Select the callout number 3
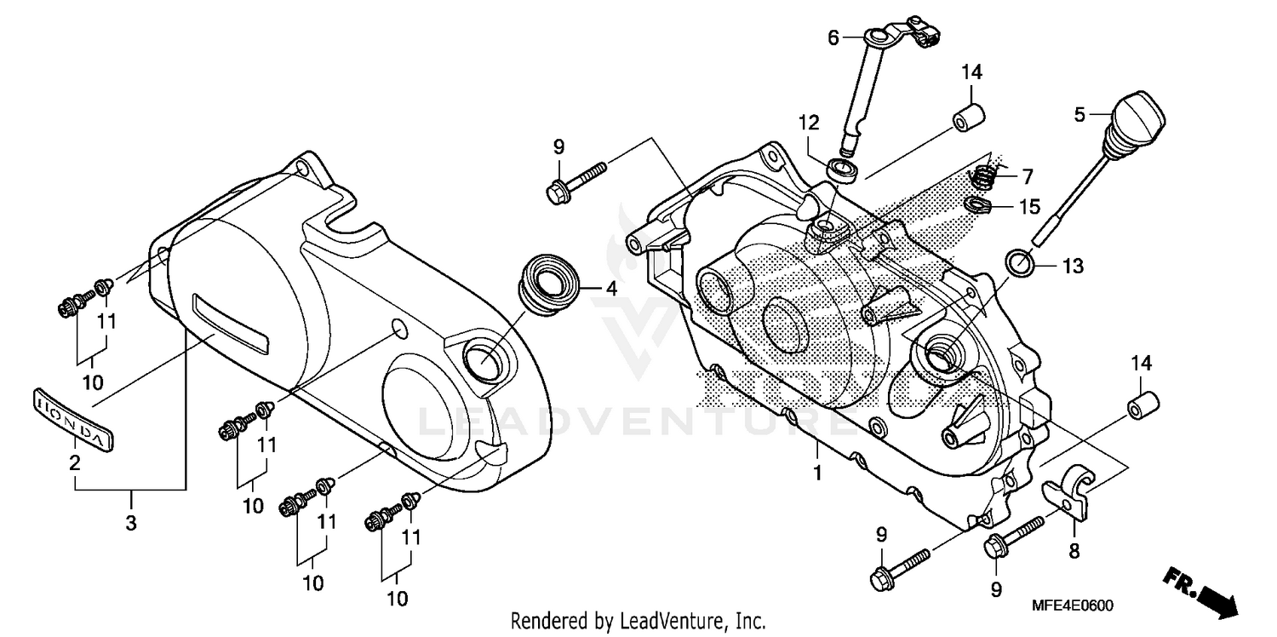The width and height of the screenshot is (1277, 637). coord(131,524)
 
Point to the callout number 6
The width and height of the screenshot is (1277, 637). coord(833,37)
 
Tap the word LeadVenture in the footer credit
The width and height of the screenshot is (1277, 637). coord(670,621)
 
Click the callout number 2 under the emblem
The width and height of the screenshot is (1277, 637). coord(75,464)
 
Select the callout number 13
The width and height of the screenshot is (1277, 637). coord(1073,267)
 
